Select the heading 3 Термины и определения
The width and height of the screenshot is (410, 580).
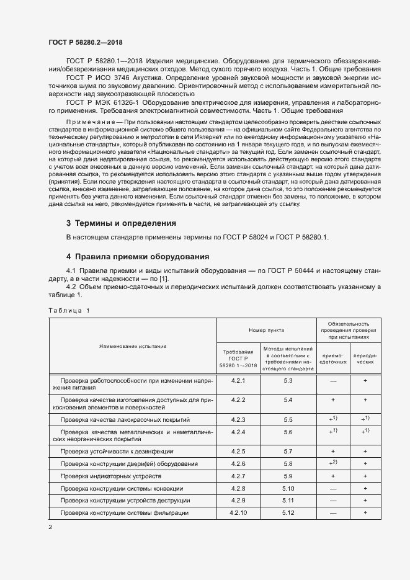[122, 223]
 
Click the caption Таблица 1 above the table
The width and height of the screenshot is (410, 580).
[69, 310]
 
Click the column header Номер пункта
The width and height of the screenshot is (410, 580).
[265, 331]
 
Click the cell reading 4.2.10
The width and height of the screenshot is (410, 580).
[238, 513]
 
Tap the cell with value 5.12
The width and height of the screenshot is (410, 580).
[288, 513]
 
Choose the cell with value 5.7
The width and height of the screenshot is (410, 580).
[288, 451]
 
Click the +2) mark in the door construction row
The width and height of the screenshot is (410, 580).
[333, 463]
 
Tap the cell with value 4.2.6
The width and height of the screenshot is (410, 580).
[238, 463]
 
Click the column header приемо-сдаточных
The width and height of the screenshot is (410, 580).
[333, 360]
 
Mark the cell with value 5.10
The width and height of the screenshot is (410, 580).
[288, 488]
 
